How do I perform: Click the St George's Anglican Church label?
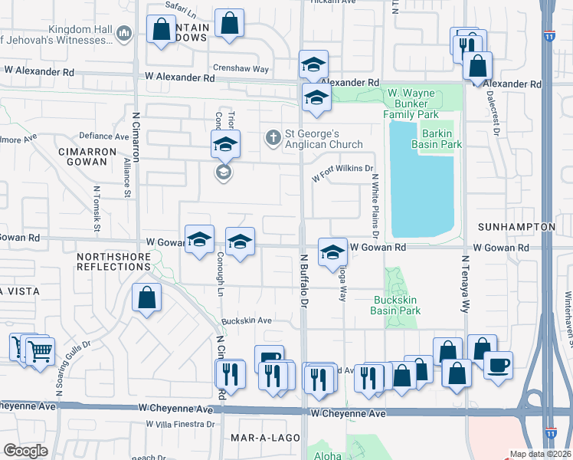(x=323, y=138)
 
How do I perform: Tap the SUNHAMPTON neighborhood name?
(x=516, y=228)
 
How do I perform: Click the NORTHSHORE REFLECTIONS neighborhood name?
(x=113, y=260)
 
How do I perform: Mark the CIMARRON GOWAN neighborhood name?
(x=86, y=156)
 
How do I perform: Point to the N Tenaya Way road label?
(x=464, y=284)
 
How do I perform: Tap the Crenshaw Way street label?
(x=241, y=68)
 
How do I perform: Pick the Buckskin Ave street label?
(x=247, y=320)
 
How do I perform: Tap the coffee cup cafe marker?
(x=498, y=364)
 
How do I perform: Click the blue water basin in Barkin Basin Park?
(x=422, y=180)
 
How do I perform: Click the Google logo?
(x=26, y=451)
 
